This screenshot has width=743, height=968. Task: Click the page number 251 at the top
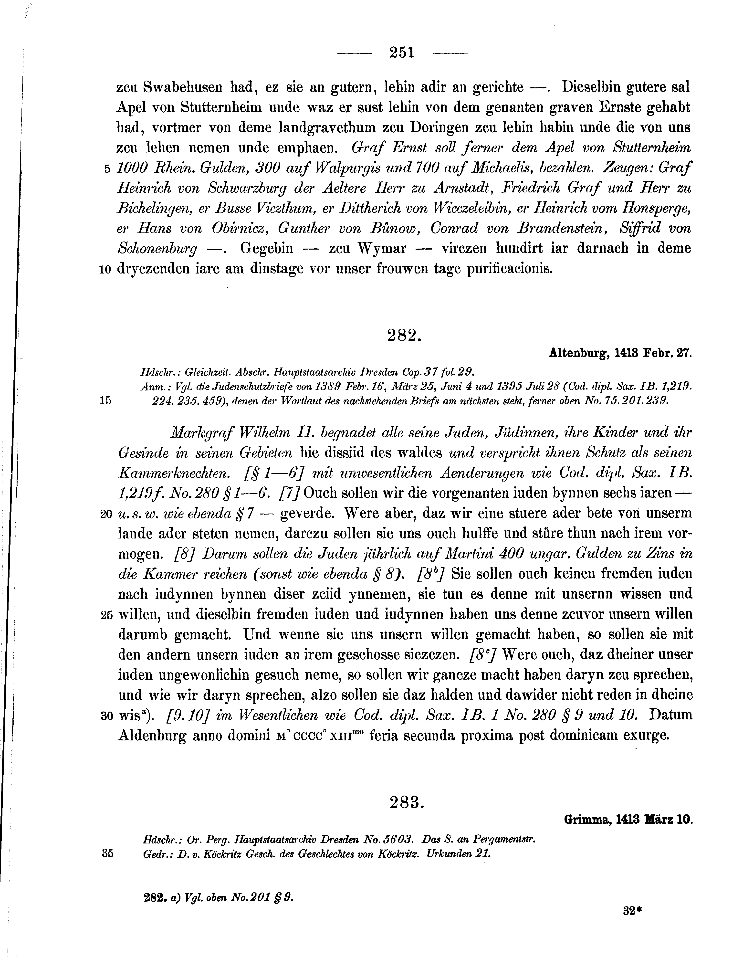pyautogui.click(x=402, y=53)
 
